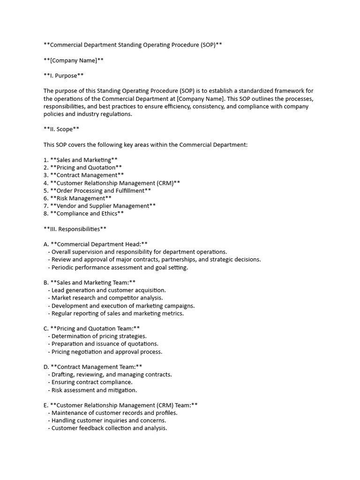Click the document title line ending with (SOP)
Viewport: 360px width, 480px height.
click(x=133, y=45)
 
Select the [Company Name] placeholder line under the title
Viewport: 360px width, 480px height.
click(x=74, y=60)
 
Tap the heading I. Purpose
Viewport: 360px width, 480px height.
click(x=64, y=75)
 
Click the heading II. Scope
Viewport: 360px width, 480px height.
click(x=62, y=129)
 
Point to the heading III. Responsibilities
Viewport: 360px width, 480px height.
click(x=75, y=229)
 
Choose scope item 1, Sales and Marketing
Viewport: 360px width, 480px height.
click(x=80, y=160)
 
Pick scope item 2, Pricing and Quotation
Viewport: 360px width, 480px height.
click(x=82, y=167)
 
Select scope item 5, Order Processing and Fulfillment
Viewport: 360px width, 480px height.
click(x=97, y=190)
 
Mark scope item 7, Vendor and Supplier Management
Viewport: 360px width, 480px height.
click(x=99, y=206)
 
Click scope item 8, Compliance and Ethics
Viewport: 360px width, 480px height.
click(x=83, y=213)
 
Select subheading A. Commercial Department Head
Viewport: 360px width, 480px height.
click(x=96, y=244)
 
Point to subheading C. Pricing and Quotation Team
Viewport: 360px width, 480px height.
click(x=92, y=328)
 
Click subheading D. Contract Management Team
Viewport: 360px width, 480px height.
click(x=93, y=367)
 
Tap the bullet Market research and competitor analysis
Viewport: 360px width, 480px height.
click(x=107, y=298)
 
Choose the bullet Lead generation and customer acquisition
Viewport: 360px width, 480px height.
click(x=109, y=290)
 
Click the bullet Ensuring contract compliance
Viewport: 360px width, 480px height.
click(x=92, y=382)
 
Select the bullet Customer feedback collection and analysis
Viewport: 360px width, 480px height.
click(x=109, y=428)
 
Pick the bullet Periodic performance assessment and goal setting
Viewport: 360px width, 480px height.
click(x=120, y=267)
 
